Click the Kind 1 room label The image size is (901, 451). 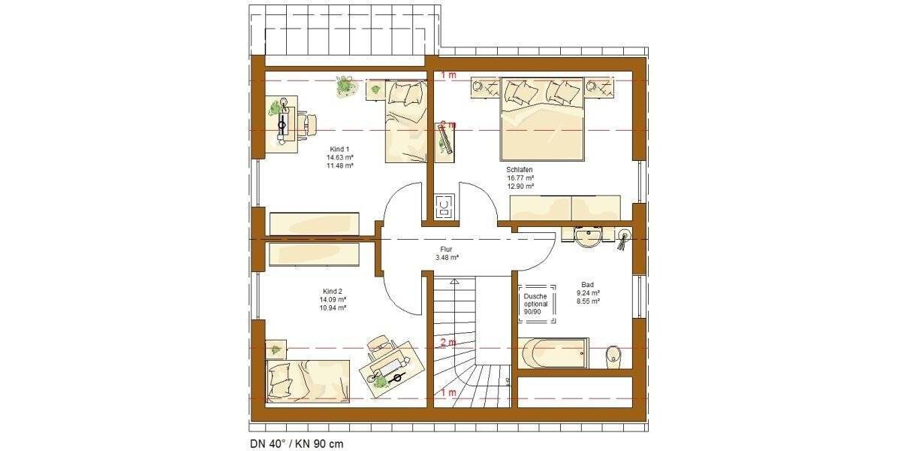[x=340, y=149]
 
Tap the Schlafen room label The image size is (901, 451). [x=520, y=171]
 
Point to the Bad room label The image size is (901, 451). [x=587, y=285]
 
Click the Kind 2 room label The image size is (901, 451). [x=332, y=291]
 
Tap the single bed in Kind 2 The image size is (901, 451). [x=308, y=380]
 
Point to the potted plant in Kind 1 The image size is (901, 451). [x=345, y=86]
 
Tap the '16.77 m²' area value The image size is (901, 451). [x=520, y=178]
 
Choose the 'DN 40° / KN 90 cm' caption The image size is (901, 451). [x=297, y=443]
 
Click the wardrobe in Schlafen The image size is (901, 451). [x=565, y=207]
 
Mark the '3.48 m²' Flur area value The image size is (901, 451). [x=447, y=258]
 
